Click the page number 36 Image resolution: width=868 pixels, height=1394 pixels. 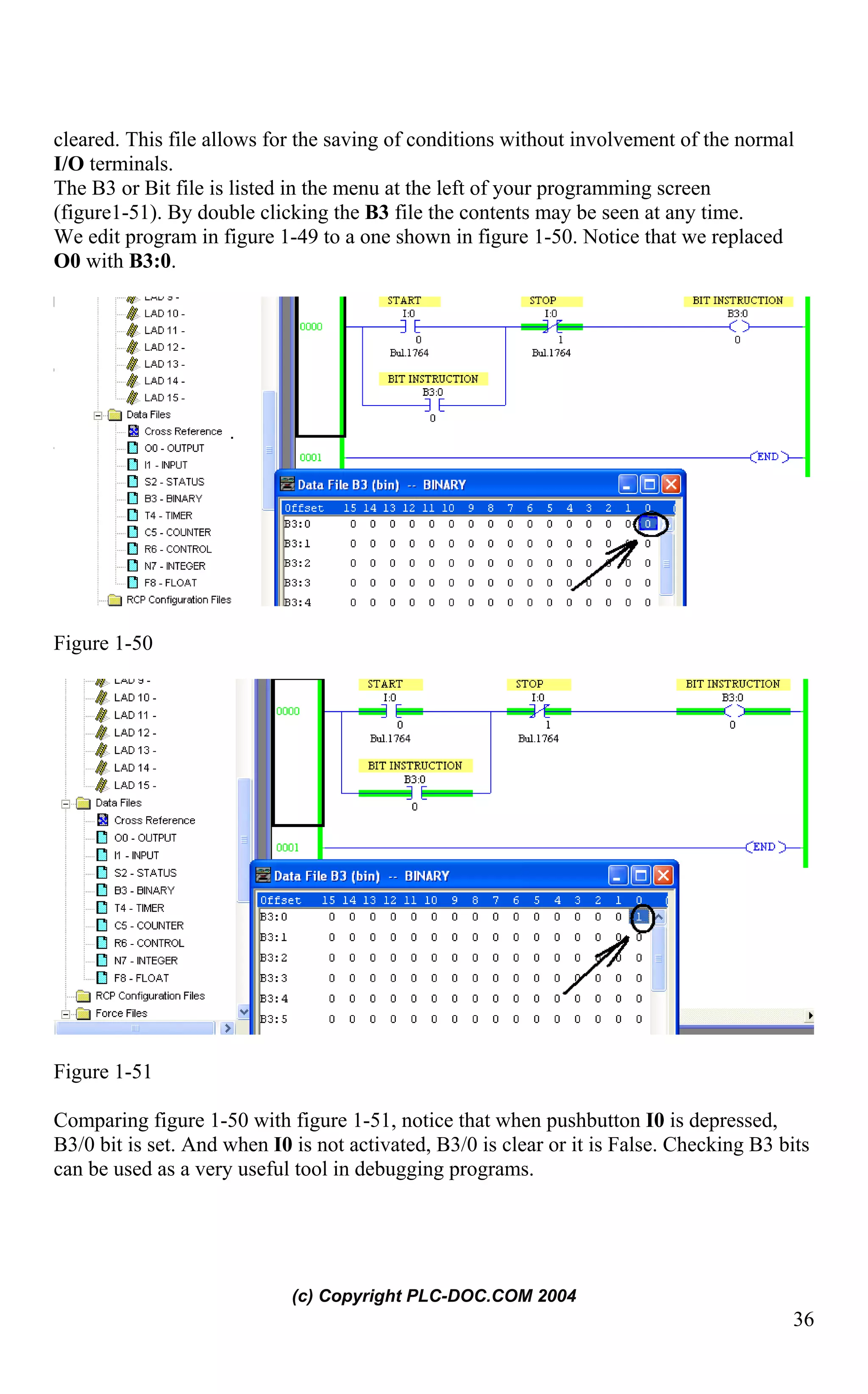[803, 1319]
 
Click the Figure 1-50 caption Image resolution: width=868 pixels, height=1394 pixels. [103, 643]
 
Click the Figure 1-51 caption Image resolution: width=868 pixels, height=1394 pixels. [103, 1072]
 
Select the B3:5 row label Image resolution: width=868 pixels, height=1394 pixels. [273, 1019]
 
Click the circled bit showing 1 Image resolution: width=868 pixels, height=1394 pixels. [639, 917]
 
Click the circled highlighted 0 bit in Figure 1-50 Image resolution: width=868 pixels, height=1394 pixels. [648, 524]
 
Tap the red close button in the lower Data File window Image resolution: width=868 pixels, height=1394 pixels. [663, 875]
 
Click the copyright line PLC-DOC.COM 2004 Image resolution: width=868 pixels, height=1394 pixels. [434, 1295]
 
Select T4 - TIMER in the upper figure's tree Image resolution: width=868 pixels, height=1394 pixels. [168, 515]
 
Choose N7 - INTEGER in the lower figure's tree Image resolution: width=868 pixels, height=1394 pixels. [145, 961]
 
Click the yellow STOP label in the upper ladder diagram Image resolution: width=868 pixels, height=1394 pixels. [542, 301]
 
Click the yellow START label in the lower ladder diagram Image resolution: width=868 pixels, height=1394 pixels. [385, 684]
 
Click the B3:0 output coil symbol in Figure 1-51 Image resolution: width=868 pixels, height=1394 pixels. [733, 712]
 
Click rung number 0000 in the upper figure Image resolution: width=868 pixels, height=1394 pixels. [311, 327]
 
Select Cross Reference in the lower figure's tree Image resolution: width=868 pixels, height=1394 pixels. [154, 820]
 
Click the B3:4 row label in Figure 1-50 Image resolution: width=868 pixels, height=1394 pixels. [298, 602]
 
